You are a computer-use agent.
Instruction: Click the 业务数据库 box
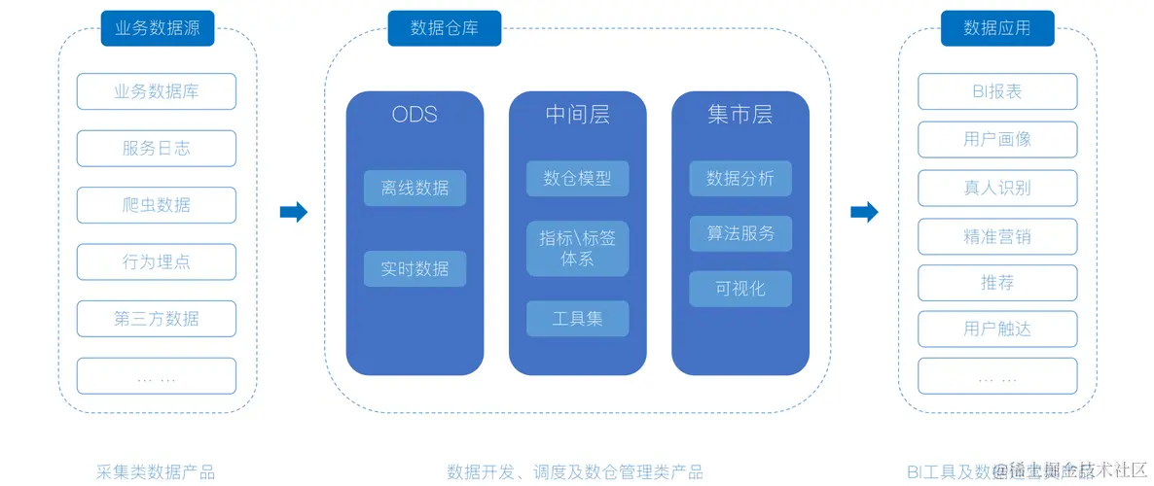[157, 91]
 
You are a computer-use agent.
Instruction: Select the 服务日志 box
[157, 148]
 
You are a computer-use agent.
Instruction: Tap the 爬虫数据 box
[157, 205]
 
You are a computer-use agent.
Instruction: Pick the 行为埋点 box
[157, 261]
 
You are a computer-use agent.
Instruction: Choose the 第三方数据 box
[157, 318]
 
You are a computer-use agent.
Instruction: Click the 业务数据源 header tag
[158, 28]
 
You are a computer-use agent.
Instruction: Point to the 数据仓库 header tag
[445, 28]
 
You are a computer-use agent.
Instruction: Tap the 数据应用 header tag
[997, 28]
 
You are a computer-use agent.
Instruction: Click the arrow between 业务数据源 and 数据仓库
[293, 212]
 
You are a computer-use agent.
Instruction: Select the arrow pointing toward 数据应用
[864, 212]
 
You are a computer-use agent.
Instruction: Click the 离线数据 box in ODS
[415, 189]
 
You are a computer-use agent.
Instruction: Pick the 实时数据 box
[415, 268]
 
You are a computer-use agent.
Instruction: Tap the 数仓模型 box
[577, 178]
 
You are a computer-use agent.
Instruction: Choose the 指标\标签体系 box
[577, 248]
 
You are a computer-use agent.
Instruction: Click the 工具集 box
[577, 318]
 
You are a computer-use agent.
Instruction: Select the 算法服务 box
[740, 233]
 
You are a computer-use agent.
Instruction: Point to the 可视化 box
[740, 289]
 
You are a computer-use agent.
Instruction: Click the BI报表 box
[997, 91]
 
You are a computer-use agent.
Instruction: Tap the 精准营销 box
[997, 236]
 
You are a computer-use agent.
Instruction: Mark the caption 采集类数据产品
[156, 472]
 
